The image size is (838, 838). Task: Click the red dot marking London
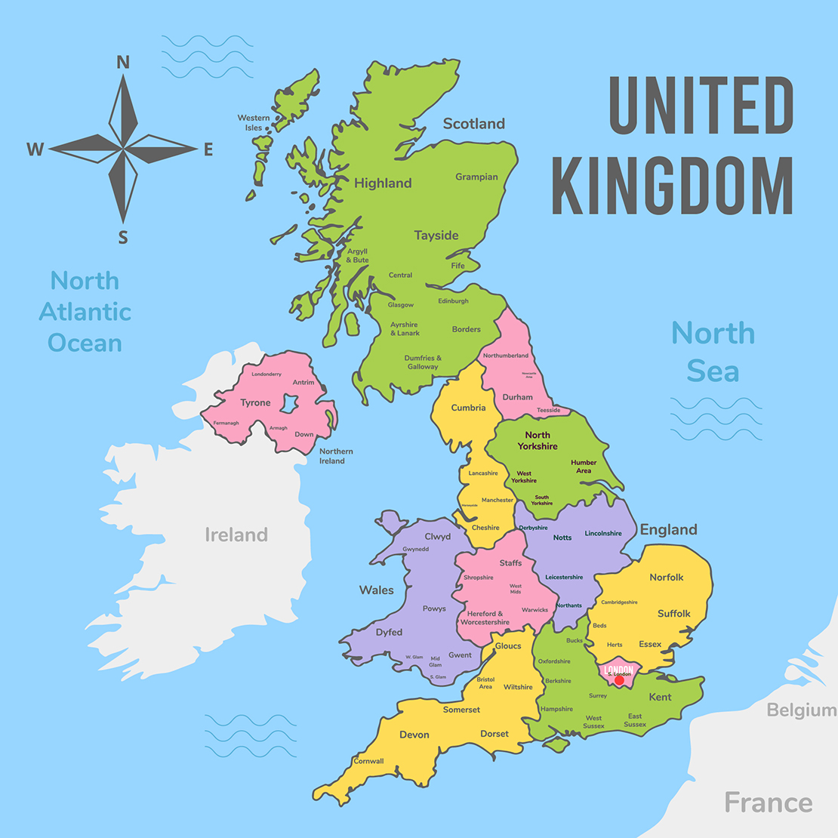(x=619, y=680)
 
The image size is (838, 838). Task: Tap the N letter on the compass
(x=123, y=62)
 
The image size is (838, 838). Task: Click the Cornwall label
(x=368, y=761)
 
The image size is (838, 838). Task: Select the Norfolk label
(x=667, y=578)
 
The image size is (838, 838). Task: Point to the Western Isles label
(x=254, y=123)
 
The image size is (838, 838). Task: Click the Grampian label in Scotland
(x=476, y=177)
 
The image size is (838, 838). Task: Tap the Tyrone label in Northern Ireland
(x=255, y=402)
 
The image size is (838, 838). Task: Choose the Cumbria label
(x=468, y=408)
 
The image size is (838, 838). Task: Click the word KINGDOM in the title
(x=672, y=186)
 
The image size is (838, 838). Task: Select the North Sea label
(x=713, y=352)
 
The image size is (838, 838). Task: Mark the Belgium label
(x=801, y=710)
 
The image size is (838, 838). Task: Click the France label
(x=768, y=803)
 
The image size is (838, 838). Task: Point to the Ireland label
(x=236, y=535)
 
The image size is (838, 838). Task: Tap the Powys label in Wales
(x=434, y=608)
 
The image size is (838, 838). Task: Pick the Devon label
(x=414, y=735)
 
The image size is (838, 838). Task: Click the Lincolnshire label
(x=603, y=533)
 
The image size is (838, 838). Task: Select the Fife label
(x=458, y=266)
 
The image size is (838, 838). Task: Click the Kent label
(x=660, y=697)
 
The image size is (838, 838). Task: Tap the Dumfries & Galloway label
(x=423, y=362)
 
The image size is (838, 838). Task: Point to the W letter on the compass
(x=35, y=149)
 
